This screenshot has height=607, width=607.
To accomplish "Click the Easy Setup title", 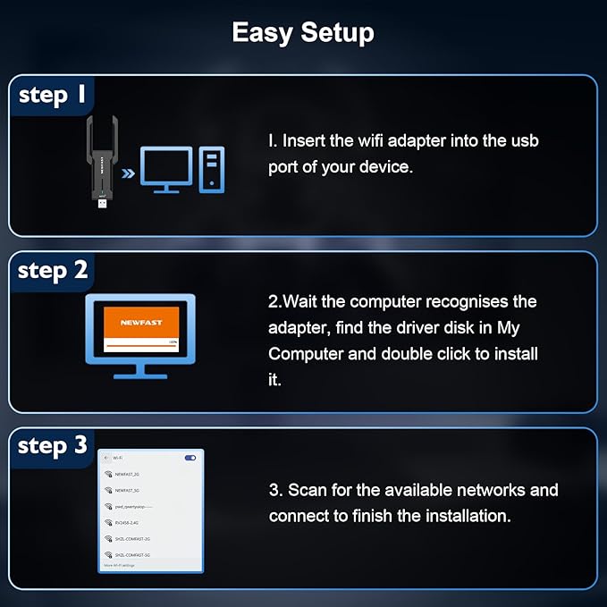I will point(303,33).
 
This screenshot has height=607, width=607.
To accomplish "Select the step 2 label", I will point(53,271).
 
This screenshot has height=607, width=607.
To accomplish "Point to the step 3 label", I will point(53,446).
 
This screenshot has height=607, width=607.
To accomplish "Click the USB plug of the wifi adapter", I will point(103,204).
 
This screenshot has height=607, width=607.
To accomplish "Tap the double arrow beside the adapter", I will point(129,172).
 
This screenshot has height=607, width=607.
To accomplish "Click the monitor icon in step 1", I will point(166,169).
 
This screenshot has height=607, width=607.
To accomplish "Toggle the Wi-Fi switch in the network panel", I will point(190,458).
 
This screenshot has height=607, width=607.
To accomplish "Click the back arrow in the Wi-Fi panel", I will point(105,458).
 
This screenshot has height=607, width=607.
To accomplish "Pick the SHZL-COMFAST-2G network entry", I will point(132,539).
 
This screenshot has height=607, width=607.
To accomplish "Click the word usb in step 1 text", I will point(524,141).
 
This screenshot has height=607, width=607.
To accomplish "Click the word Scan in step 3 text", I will point(307,490).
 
